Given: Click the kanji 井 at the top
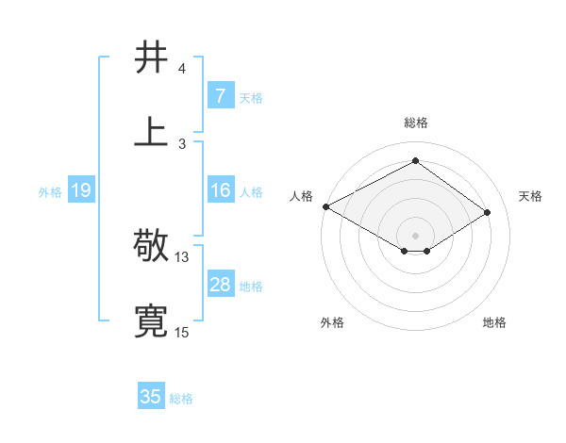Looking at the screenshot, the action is click(x=152, y=57).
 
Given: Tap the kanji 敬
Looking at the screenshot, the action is click(x=152, y=246).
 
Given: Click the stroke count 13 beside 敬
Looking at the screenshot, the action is click(x=182, y=256).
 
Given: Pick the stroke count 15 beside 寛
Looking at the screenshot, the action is click(x=182, y=332).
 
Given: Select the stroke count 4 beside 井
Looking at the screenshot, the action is click(x=182, y=68).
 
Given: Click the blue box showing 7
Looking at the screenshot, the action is click(x=220, y=96).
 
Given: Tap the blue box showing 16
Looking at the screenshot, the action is click(x=220, y=190).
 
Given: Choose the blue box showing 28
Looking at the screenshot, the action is click(x=220, y=285).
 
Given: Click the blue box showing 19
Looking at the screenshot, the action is click(x=80, y=190).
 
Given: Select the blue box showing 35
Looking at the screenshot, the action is click(x=151, y=397).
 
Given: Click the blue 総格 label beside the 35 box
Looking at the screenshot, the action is click(x=181, y=399).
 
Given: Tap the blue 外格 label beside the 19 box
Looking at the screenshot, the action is click(x=50, y=191).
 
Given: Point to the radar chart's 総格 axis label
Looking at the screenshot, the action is click(x=415, y=123).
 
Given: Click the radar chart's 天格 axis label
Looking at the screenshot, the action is click(x=530, y=196).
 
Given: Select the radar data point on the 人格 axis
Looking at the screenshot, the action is click(x=325, y=206).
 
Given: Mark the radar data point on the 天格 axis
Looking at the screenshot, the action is click(x=488, y=212).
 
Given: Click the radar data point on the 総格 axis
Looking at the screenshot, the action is click(x=415, y=161).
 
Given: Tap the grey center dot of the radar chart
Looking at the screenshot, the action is click(x=415, y=235).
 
